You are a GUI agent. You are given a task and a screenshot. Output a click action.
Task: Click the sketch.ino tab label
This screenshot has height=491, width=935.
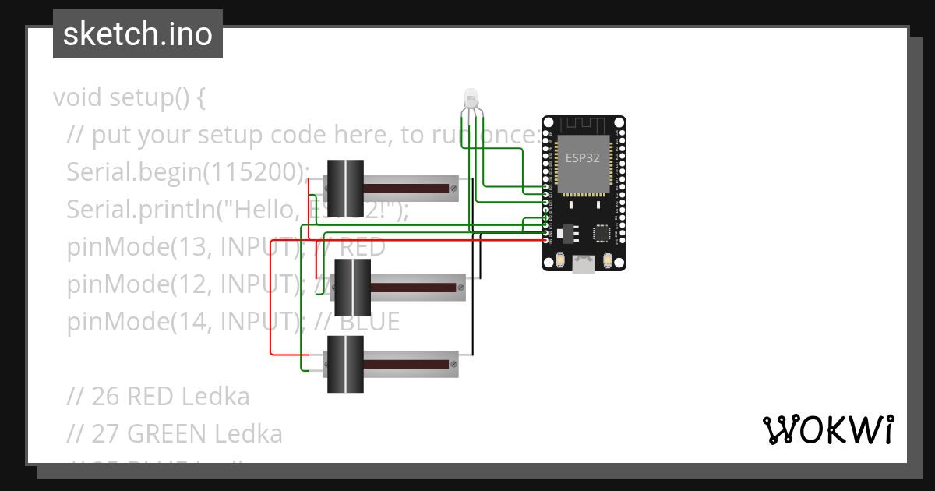click(x=137, y=34)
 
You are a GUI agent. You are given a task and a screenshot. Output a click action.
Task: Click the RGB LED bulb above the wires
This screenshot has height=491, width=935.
click(x=471, y=98)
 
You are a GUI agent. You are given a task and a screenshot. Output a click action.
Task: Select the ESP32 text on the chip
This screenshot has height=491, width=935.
click(x=583, y=157)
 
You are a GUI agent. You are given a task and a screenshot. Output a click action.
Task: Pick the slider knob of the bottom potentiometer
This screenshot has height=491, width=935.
click(x=344, y=364)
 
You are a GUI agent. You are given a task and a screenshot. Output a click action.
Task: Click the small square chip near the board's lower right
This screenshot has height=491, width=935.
click(x=602, y=232)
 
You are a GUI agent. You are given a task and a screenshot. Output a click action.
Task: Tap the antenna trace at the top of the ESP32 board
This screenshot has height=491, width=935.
click(x=584, y=124)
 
